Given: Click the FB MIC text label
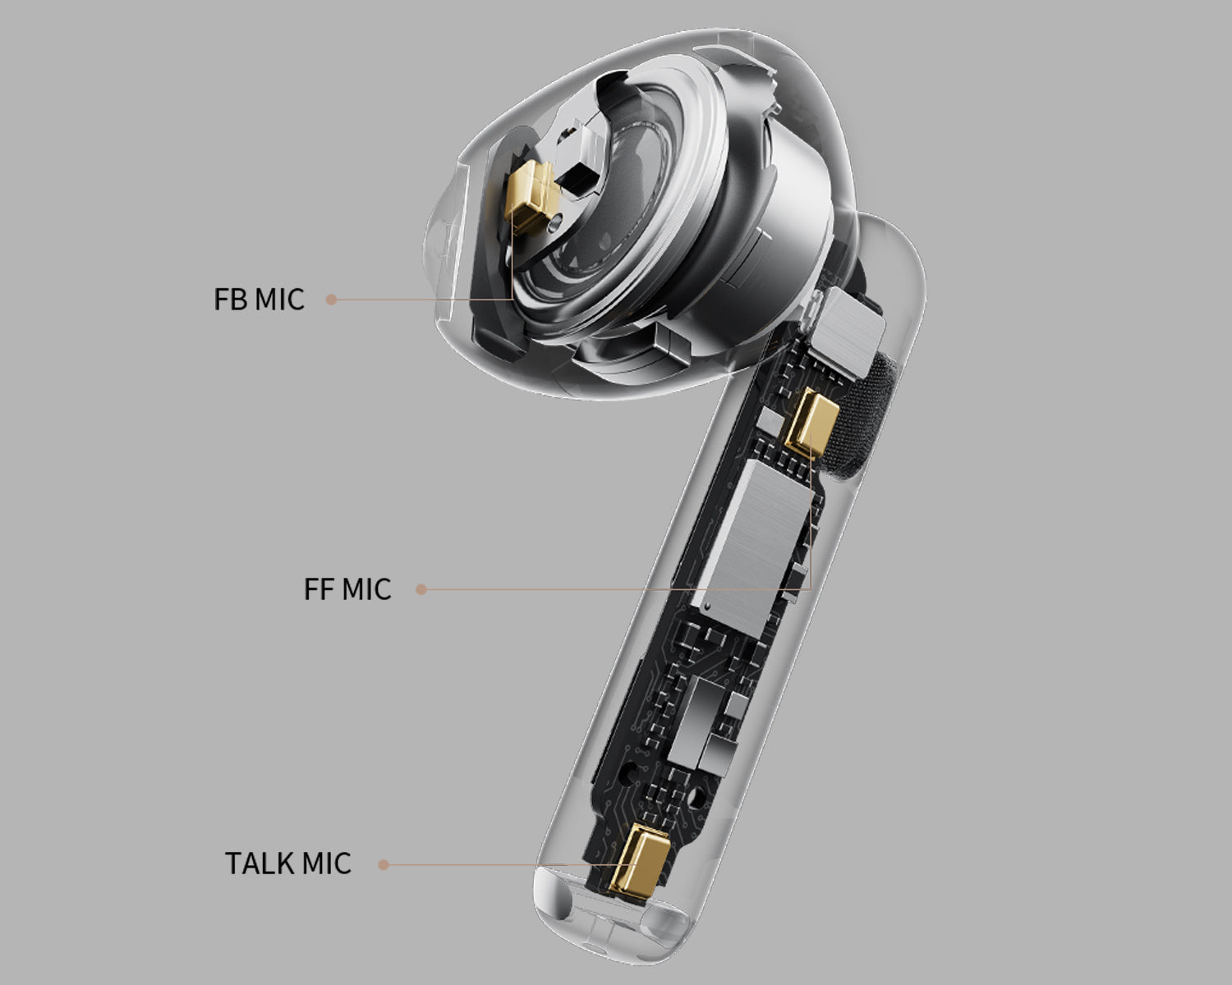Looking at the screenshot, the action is tap(259, 299).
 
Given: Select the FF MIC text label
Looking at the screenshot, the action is tap(347, 589).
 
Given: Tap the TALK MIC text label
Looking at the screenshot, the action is tap(288, 863).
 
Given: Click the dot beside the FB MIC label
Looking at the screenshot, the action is tap(331, 299).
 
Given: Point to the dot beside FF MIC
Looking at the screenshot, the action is tap(421, 589).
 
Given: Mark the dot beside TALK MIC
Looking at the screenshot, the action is tap(384, 865).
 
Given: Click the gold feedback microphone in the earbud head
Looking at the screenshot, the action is tap(530, 196).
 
